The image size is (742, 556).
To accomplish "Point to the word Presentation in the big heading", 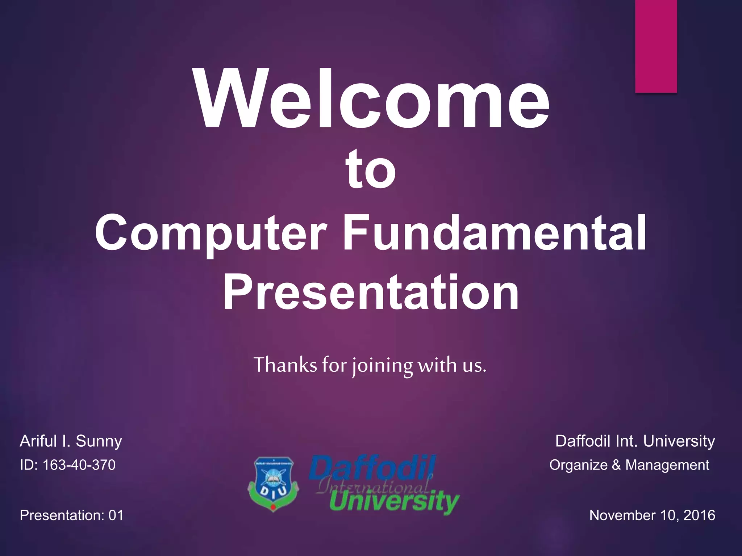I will coord(370,292).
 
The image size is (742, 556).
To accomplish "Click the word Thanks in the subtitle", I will coord(285,365).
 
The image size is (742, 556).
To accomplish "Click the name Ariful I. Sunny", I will coord(71,441).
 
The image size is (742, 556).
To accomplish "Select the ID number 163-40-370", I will coord(79,465).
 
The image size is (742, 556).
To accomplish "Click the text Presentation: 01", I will coord(71,515).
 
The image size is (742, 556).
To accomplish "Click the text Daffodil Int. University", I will coord(635,441).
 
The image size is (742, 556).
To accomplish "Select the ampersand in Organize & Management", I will coord(616,465).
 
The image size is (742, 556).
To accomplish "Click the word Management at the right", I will coord(667,465).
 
